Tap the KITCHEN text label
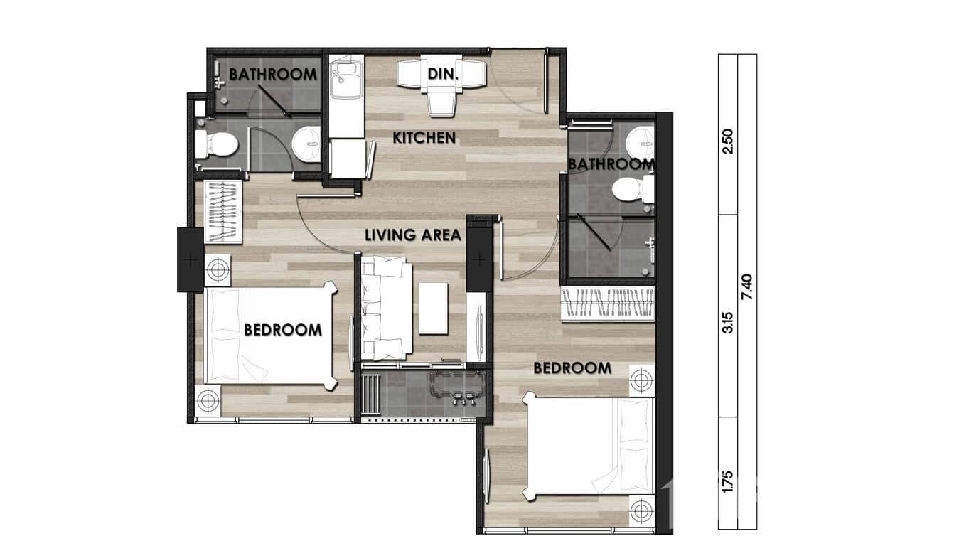point(424,138)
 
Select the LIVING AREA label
point(413,235)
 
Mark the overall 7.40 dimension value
point(746,287)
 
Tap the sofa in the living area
point(385,308)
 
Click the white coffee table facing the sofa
point(433,308)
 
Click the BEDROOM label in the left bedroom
point(282,330)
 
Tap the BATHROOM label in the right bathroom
point(610,164)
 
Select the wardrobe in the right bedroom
point(608,304)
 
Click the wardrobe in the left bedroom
point(223,212)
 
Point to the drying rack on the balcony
point(371,395)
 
